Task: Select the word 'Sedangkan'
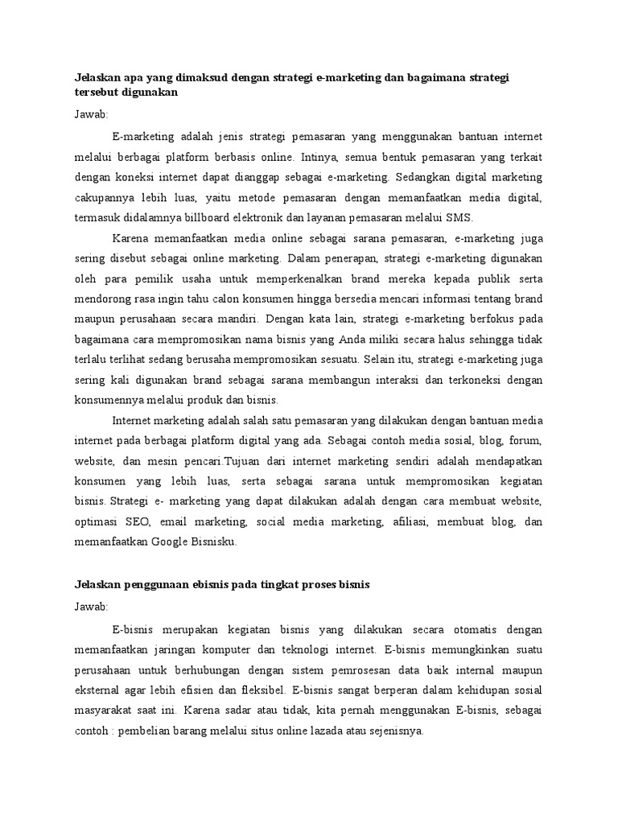point(424,175)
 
